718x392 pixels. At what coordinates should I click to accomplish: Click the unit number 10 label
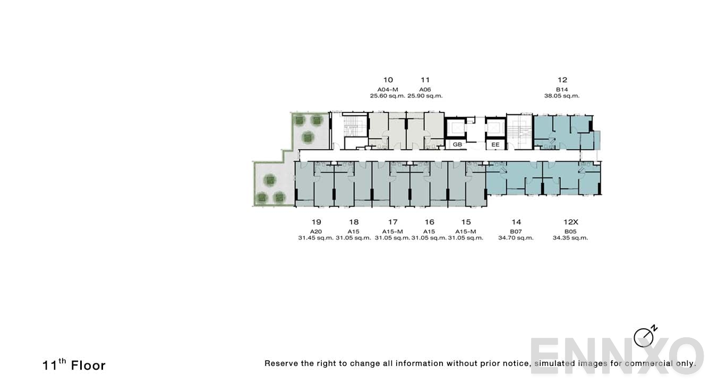388,80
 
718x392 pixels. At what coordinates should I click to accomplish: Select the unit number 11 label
425,80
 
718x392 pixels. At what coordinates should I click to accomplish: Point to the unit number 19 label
316,222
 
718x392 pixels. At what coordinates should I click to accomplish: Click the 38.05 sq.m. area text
562,96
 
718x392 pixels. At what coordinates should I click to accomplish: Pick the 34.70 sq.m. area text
516,238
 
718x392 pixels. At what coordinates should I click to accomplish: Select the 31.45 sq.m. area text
316,238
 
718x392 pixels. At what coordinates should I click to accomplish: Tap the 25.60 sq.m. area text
388,96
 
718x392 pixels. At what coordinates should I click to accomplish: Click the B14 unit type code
562,89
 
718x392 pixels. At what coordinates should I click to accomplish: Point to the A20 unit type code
316,231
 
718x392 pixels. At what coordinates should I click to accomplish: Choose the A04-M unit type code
388,89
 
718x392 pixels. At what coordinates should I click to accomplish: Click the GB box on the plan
457,144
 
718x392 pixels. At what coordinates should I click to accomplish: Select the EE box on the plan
495,144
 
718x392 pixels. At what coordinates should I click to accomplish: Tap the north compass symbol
644,336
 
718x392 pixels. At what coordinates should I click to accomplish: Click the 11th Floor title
74,365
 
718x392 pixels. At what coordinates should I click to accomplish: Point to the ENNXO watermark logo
616,355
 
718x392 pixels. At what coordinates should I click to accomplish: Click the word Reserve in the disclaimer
281,364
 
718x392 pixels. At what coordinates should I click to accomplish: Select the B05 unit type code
570,231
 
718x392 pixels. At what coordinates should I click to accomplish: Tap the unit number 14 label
516,222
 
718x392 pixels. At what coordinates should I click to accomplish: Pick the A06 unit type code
425,89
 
